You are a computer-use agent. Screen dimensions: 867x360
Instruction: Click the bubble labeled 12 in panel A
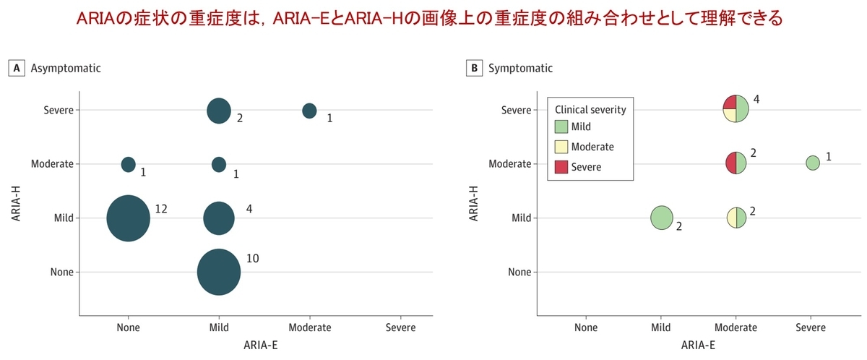[x=128, y=218]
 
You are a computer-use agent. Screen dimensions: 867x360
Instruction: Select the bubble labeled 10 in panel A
[x=219, y=272]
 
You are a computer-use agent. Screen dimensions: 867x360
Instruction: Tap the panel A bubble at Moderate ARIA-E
[x=309, y=111]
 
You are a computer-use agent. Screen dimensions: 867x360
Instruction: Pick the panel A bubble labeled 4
[x=219, y=218]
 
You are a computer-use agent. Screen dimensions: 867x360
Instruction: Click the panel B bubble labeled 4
[x=736, y=109]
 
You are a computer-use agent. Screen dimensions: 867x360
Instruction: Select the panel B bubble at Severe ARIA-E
[x=813, y=163]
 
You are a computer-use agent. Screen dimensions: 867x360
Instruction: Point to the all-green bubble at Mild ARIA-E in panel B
[x=662, y=218]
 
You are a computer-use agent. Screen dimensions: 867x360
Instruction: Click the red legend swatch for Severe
[x=561, y=167]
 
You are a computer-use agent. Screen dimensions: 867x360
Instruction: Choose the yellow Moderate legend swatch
[x=561, y=147]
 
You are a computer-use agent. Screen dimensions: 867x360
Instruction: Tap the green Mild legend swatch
[x=561, y=127]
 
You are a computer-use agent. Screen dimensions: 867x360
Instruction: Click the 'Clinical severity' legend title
[x=590, y=110]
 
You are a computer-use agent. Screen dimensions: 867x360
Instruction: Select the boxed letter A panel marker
[x=14, y=69]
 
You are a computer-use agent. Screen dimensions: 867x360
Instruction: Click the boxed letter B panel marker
[x=474, y=69]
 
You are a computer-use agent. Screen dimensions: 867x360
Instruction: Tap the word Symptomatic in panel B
[x=520, y=69]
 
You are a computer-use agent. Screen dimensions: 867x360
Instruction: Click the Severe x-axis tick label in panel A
[x=400, y=327]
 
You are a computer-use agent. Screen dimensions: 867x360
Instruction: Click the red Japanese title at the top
[x=433, y=17]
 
